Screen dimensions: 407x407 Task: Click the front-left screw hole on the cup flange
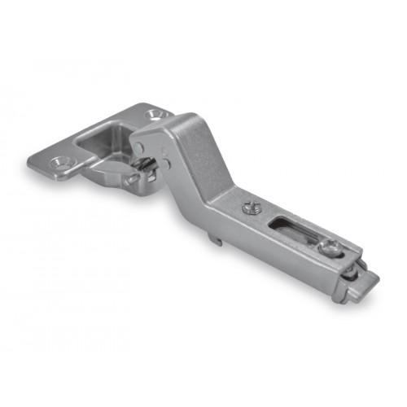[59, 162]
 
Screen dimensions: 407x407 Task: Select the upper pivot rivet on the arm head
[139, 147]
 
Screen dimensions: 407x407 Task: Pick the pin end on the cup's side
[130, 179]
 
